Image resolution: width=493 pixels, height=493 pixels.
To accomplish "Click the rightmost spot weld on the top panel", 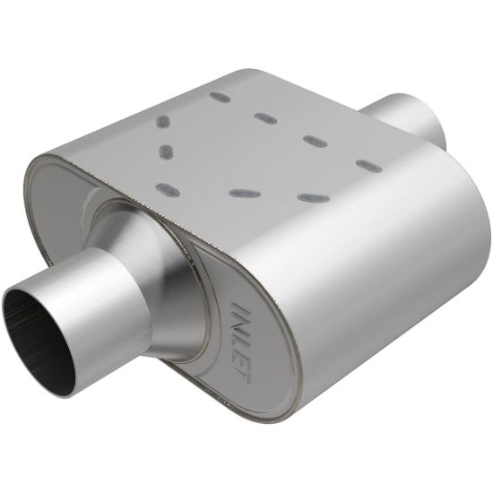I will pyautogui.click(x=368, y=165).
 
